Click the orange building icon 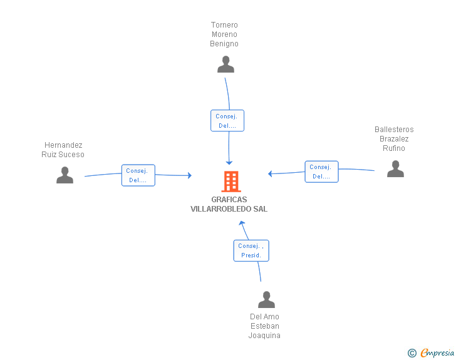click(231, 182)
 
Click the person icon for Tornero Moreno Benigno click(225, 64)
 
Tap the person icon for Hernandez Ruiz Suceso click(65, 175)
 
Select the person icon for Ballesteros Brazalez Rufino click(395, 169)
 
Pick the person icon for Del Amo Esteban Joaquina click(266, 300)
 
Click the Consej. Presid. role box click(251, 250)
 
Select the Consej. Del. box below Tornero click(227, 121)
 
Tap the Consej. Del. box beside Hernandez click(138, 175)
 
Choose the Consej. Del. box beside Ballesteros click(322, 172)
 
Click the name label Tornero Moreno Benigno click(224, 34)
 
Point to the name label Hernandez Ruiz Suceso click(63, 150)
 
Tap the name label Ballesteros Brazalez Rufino click(394, 139)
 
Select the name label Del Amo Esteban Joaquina click(264, 326)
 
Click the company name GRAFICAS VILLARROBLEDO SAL click(229, 204)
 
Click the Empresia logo click(437, 352)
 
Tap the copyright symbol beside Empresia click(412, 353)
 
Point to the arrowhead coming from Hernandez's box click(190, 175)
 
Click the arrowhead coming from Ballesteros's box click(270, 173)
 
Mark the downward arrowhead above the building click(229, 163)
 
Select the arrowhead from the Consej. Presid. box click(242, 223)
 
